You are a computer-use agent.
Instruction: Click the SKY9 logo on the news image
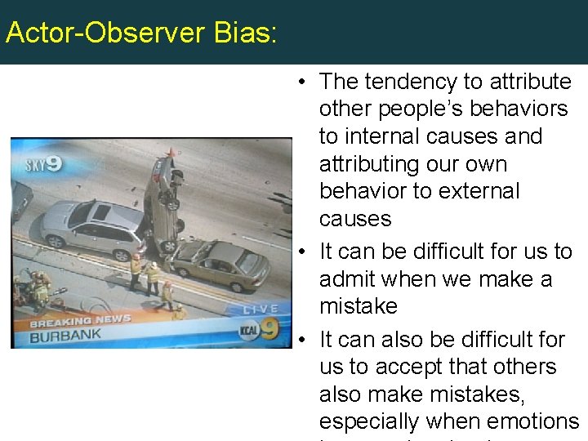point(43,164)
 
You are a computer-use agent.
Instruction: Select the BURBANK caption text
point(65,335)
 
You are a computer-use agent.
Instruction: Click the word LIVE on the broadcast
point(262,310)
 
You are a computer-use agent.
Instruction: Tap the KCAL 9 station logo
point(261,331)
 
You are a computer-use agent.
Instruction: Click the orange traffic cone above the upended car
point(171,153)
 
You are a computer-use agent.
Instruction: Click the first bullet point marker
point(302,82)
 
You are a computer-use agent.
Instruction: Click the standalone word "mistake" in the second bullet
point(359,306)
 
